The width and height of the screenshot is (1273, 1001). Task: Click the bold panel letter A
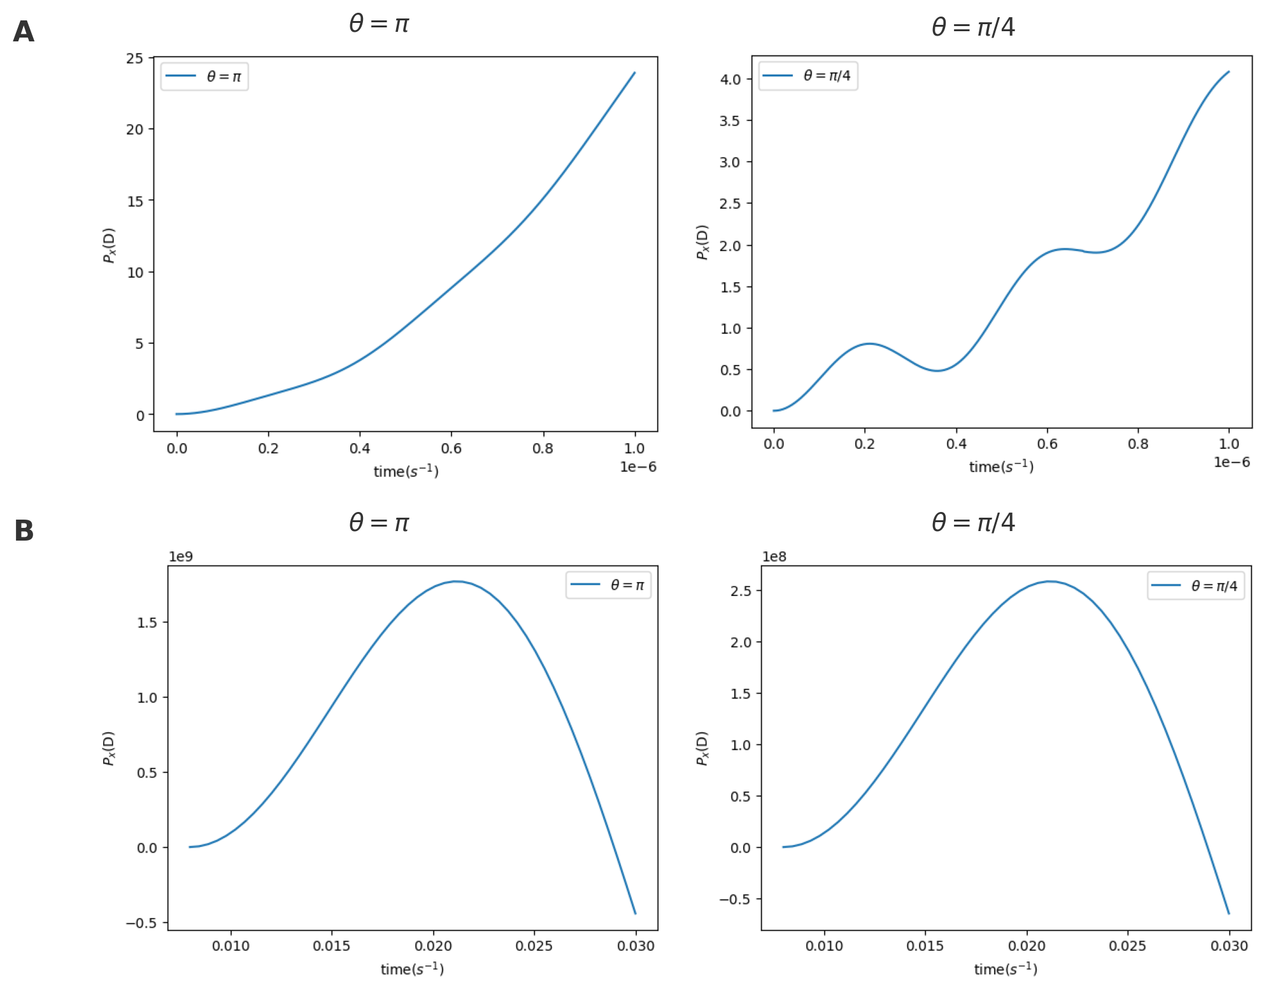24,32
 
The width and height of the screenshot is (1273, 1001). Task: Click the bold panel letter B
24,530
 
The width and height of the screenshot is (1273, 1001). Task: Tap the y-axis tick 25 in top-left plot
135,59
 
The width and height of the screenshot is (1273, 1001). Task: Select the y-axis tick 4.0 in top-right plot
730,80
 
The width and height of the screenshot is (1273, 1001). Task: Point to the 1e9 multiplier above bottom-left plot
180,557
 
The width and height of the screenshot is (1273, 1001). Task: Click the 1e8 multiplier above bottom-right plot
774,557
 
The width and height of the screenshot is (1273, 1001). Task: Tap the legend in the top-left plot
204,76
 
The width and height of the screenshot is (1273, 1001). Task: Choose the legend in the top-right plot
807,76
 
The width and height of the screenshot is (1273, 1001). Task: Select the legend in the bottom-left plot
608,585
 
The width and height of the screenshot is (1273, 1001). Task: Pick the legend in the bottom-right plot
1195,585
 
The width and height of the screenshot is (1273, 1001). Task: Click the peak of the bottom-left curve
457,581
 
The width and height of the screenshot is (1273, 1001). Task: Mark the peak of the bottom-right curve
1049,581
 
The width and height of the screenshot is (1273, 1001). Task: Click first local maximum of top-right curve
869,344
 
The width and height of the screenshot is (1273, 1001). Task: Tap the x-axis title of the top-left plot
406,471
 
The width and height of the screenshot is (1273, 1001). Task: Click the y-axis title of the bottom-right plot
702,748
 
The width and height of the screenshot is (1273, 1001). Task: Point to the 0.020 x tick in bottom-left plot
433,946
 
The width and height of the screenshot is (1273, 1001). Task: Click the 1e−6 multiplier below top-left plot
638,467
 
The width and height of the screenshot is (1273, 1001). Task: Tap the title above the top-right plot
973,27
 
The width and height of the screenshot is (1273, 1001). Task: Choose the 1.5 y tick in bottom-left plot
147,622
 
